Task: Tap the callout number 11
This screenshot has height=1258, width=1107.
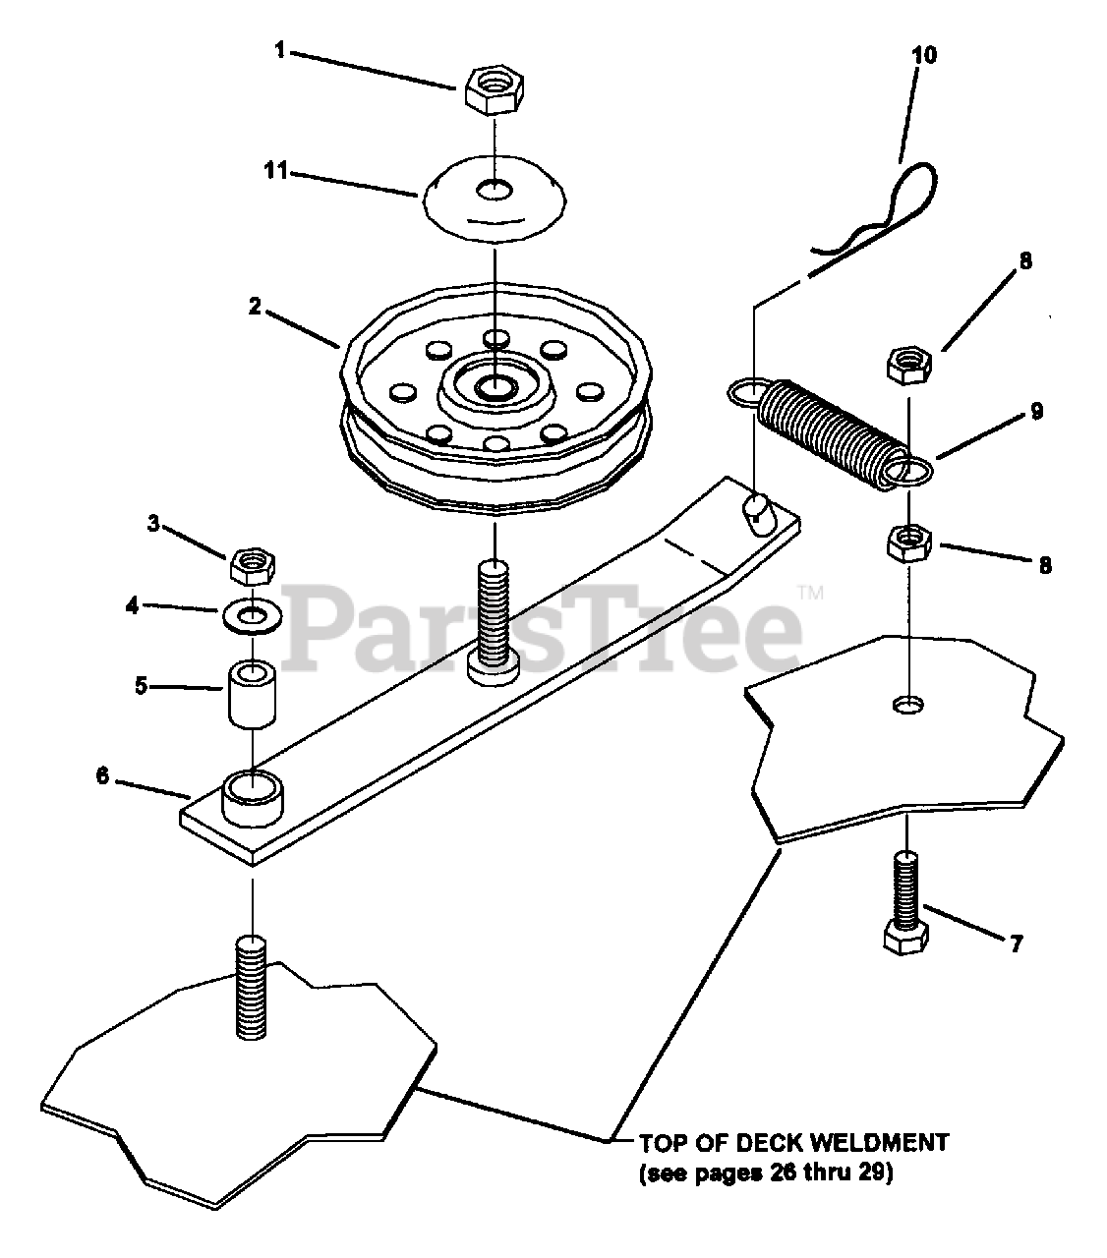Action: pos(275,171)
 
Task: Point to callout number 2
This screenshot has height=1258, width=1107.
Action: pos(255,306)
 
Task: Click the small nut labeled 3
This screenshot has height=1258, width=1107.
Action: pos(251,565)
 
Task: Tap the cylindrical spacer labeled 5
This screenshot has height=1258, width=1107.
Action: pos(254,694)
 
